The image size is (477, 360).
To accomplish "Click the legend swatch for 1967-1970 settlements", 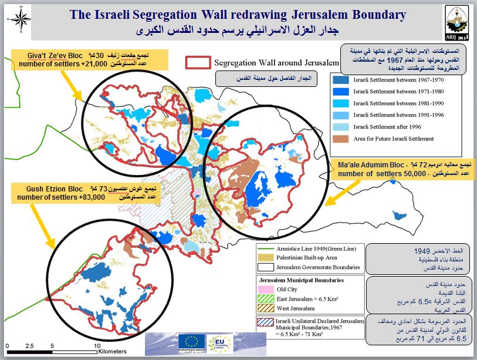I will (x=340, y=80).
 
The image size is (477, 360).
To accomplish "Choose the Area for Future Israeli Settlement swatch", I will (x=340, y=139).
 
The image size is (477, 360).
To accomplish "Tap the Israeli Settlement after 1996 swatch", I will (x=340, y=127).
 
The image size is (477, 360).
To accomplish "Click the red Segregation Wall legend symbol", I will (x=198, y=62).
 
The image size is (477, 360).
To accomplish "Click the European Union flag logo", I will (x=195, y=341).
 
